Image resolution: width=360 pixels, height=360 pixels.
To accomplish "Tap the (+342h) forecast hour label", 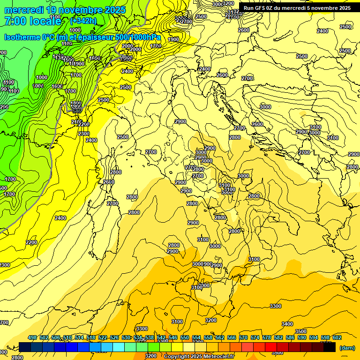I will (x=83, y=21).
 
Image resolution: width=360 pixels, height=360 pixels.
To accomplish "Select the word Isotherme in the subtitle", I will (x=22, y=37).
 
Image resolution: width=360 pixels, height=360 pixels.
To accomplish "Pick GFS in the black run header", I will (x=261, y=8).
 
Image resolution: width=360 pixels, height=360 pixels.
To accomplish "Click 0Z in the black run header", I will (x=273, y=8).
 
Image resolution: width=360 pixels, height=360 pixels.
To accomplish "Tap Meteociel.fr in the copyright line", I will (x=219, y=357).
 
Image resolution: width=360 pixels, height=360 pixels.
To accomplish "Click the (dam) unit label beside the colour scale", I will (x=347, y=348).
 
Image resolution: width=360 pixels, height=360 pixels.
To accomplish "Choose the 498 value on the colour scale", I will (x=32, y=337).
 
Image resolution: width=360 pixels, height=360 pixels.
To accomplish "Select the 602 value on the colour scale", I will (x=337, y=337).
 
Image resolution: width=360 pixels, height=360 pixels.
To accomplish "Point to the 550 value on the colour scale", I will (x=185, y=337).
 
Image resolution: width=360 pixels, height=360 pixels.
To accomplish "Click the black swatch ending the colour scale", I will (x=330, y=347).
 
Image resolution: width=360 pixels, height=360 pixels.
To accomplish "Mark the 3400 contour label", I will (x=287, y=324).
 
